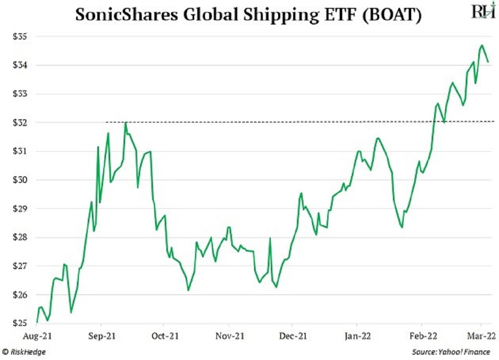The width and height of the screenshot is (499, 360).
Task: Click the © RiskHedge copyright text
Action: click(24, 352)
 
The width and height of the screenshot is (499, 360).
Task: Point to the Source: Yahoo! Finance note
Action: click(450, 352)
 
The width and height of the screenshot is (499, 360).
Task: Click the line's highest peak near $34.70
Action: click(482, 45)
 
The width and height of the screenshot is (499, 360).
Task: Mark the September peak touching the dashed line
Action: click(125, 122)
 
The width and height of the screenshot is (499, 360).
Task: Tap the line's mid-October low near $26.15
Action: click(188, 290)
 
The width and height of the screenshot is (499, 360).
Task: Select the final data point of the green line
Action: click(488, 62)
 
